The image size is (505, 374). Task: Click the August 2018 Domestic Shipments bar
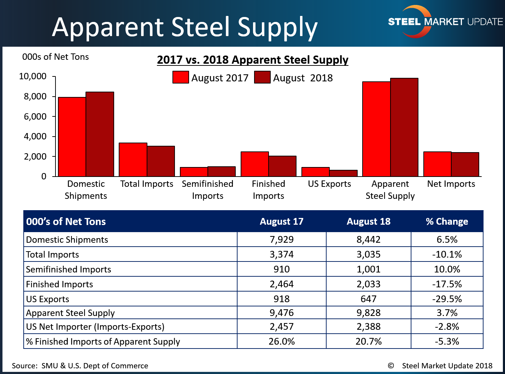click(x=100, y=134)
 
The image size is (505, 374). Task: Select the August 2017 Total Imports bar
click(x=133, y=160)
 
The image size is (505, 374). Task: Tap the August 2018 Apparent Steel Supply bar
click(x=404, y=127)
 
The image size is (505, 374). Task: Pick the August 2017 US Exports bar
click(x=316, y=172)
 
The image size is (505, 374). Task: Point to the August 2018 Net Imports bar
click(x=465, y=164)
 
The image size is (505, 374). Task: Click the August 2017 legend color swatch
click(x=181, y=77)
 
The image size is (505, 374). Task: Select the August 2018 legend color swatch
click(x=262, y=77)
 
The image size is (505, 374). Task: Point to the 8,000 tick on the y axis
click(x=35, y=97)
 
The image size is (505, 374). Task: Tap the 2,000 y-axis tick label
click(x=35, y=156)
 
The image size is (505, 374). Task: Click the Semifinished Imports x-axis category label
click(x=207, y=190)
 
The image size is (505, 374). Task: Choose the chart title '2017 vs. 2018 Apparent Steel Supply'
click(x=253, y=60)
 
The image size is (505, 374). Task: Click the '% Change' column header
click(x=447, y=221)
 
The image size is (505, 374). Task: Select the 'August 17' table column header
click(x=282, y=221)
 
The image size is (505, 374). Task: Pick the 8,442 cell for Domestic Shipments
click(x=369, y=240)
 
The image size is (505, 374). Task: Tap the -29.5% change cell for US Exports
click(x=447, y=299)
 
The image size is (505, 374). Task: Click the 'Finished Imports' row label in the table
click(x=59, y=284)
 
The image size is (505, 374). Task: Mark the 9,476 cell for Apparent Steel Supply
click(x=282, y=313)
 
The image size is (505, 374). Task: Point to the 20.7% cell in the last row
click(x=369, y=341)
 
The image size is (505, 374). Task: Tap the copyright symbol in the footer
click(x=391, y=366)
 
